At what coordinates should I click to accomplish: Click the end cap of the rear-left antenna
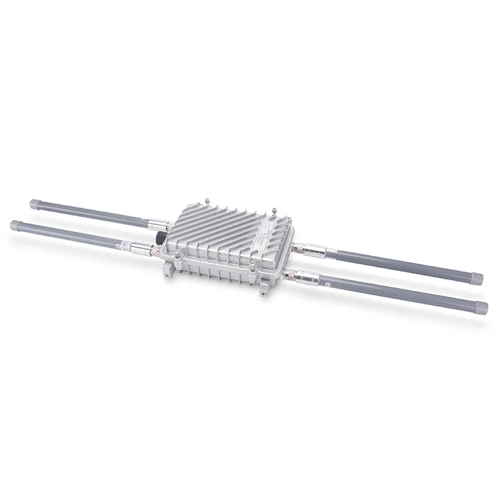(35, 203)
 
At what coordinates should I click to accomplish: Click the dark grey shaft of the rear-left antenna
(93, 213)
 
